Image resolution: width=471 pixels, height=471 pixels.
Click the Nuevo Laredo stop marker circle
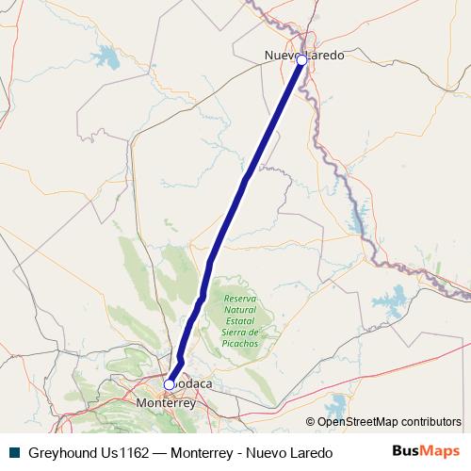pos(301,59)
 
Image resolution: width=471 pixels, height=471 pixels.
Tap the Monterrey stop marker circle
pos(170,384)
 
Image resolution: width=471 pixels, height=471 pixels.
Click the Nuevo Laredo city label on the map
pos(303,56)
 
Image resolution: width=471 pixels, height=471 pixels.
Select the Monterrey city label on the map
pos(165,402)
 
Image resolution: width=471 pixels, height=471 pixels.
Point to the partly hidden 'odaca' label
pos(194,384)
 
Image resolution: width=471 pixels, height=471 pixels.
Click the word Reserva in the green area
pos(240,299)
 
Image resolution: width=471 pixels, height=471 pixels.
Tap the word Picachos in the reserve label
pos(240,344)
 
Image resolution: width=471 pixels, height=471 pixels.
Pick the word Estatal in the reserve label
pos(240,321)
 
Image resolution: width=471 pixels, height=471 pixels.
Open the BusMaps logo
pos(425,452)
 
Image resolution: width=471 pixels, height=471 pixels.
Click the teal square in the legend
pos(14,453)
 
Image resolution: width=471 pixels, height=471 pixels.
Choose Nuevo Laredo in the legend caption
pos(287,453)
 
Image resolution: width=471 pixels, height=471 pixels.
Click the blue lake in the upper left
pos(106,59)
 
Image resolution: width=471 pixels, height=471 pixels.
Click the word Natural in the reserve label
pos(240,310)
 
